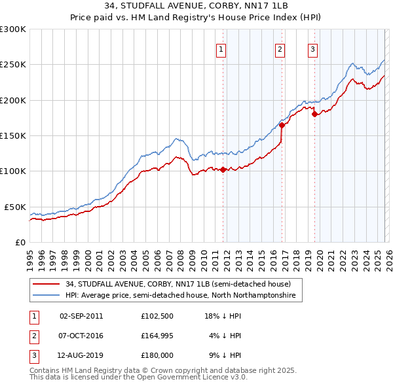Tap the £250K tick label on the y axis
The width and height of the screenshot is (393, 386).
pos(13,65)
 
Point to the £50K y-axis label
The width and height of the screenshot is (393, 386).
pos(15,207)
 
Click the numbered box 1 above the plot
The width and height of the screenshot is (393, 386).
pos(221,49)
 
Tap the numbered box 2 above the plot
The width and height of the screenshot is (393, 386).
pos(280,49)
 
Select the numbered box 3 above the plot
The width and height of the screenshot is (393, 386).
pos(312,49)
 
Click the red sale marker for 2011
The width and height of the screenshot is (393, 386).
pos(223,169)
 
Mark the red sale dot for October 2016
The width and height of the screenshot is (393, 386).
pos(282,125)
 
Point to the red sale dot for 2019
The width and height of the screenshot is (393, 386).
pos(314,114)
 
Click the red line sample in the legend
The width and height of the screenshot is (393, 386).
pos(47,284)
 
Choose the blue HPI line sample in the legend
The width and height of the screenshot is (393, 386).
pos(47,296)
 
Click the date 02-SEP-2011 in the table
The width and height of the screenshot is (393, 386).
pos(81,315)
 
